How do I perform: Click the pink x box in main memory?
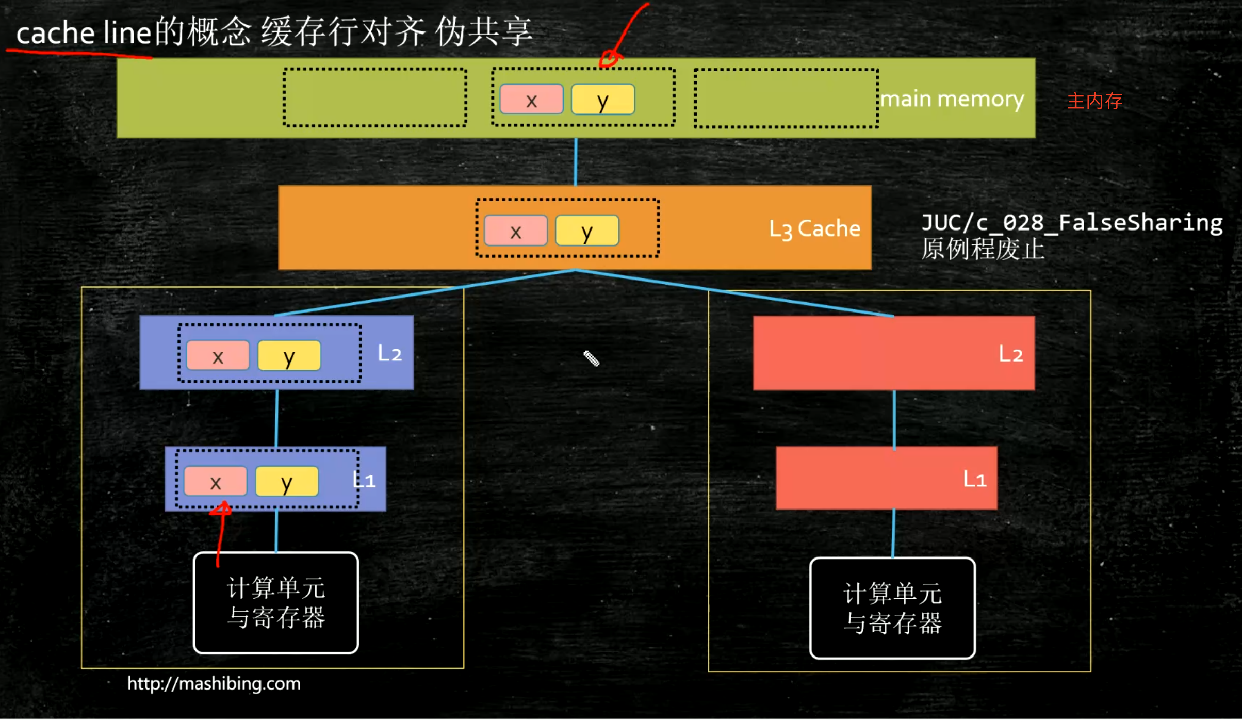coord(531,99)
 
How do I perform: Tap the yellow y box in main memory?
coord(603,99)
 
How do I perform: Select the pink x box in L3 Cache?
coord(516,231)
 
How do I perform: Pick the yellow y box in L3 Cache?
coord(587,231)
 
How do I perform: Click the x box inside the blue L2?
coord(218,355)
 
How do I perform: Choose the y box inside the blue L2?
coord(289,355)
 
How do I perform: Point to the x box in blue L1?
coord(216,481)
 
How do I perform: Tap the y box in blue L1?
coord(287,481)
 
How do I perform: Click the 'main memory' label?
coord(952,100)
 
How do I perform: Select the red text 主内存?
coord(1094,101)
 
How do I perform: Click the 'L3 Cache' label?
coord(814,229)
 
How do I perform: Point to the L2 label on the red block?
coord(1010,354)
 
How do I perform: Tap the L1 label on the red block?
coord(975,479)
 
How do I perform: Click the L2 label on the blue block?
coord(389,353)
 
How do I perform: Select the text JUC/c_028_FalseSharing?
coord(1072,223)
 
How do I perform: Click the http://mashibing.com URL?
coord(214,684)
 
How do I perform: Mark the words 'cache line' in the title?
coord(84,33)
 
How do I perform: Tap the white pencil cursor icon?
coord(592,358)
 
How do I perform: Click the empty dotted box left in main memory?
coord(375,97)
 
